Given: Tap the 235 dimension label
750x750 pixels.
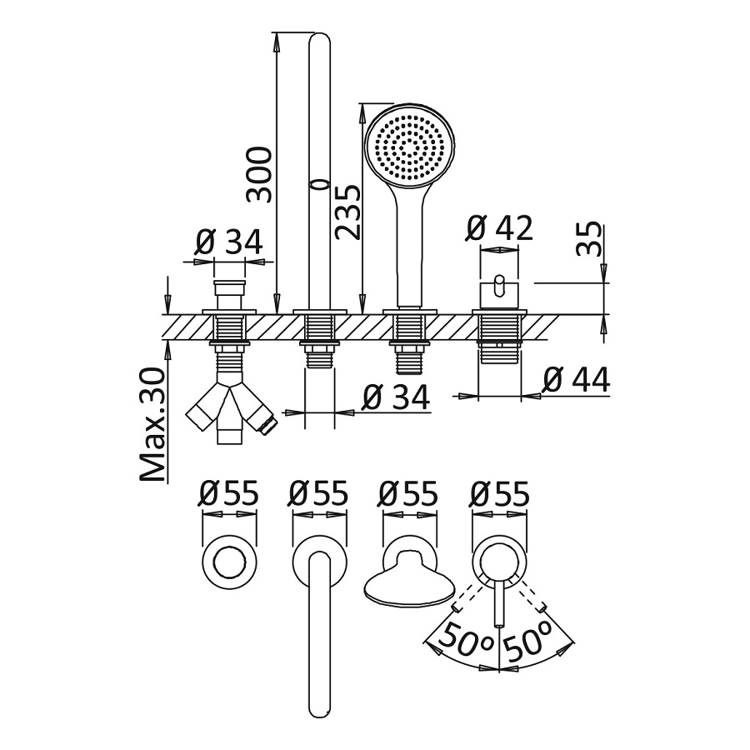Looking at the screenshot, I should (348, 212).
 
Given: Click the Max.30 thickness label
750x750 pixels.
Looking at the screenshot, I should (152, 425).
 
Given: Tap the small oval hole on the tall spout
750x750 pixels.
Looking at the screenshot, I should (315, 183).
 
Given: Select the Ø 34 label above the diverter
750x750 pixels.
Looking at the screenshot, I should (228, 242).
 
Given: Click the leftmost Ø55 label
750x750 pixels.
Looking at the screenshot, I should (228, 494).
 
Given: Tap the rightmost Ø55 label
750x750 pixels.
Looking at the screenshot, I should (499, 494).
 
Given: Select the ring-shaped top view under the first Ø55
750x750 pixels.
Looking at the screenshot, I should (228, 564).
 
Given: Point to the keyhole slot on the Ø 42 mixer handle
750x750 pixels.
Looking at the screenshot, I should (499, 284).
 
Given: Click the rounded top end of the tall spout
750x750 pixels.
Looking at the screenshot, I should (319, 40).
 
